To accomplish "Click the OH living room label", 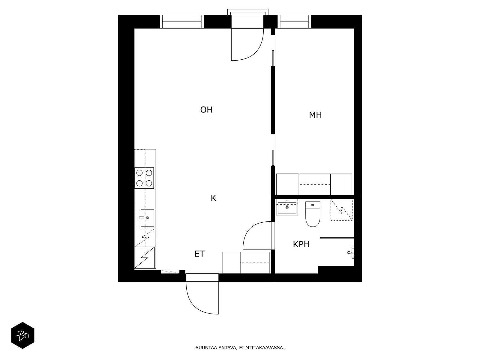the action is [206, 110].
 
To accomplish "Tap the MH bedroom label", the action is [315, 115].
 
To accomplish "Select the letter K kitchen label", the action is [213, 198].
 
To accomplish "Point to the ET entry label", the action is [199, 254].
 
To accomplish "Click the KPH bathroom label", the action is [301, 244].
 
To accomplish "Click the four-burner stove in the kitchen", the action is [144, 178].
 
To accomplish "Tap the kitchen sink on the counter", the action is [147, 218].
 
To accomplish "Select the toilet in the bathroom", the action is [313, 214].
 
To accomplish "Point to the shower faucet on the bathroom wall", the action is [351, 253].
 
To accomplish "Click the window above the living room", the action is [181, 22].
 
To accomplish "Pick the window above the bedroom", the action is [294, 22].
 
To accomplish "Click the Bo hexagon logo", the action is [22, 335].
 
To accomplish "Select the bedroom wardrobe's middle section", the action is [314, 184].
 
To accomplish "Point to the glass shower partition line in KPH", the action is [337, 238].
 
